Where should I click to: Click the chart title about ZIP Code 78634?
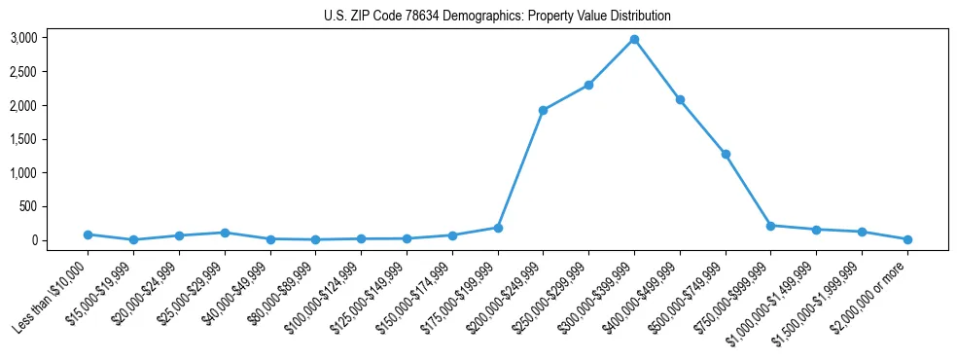click(x=497, y=17)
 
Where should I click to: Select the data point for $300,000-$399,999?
click(x=634, y=39)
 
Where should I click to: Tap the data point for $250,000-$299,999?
click(x=588, y=85)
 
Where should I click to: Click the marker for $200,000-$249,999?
click(x=543, y=110)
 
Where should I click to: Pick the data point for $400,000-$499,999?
click(x=680, y=99)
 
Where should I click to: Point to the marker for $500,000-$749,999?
click(x=726, y=154)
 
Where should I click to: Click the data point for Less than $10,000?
click(x=88, y=234)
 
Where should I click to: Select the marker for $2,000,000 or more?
click(x=907, y=239)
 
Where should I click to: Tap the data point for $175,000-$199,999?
click(x=498, y=228)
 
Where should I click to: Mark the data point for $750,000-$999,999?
click(x=770, y=226)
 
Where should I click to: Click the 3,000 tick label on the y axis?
click(x=23, y=38)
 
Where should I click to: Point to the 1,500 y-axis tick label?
click(x=23, y=139)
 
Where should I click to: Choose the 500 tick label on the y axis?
click(x=28, y=206)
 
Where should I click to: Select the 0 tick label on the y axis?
click(x=35, y=240)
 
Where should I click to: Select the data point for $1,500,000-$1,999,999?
click(x=862, y=232)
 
